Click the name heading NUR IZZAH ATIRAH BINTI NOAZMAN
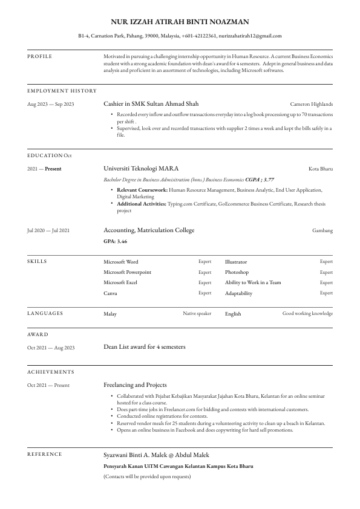(180, 22)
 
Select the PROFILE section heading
(40, 56)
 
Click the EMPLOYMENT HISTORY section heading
(62, 91)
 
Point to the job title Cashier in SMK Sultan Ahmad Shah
(151, 104)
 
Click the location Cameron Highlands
(311, 104)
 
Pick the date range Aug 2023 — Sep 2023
(51, 104)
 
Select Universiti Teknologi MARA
(141, 169)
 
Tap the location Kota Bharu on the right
(321, 169)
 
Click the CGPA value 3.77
(269, 180)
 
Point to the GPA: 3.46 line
(115, 241)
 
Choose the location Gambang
(322, 230)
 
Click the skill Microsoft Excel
(120, 282)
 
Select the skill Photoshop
(237, 272)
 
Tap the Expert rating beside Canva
(205, 293)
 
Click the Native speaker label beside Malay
(197, 314)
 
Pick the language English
(233, 314)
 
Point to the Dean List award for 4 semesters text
(145, 347)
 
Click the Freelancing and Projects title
(135, 384)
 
